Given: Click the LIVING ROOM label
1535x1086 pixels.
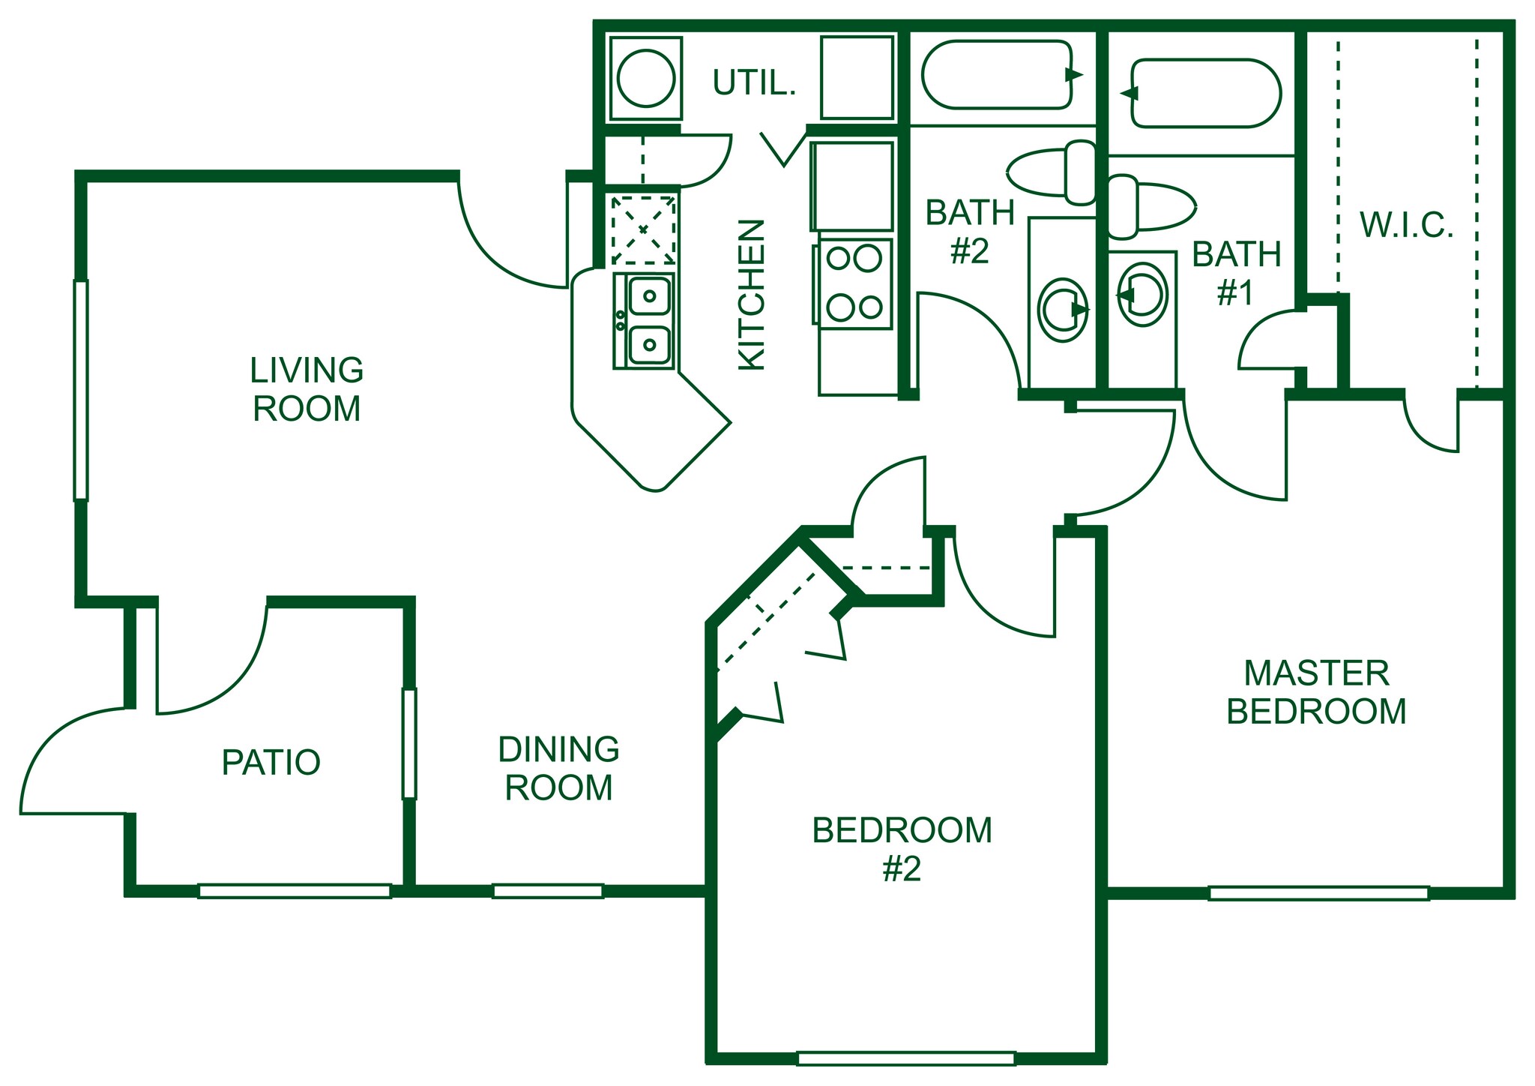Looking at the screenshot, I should click(x=307, y=389).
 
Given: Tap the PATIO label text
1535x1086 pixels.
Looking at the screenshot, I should click(x=271, y=762).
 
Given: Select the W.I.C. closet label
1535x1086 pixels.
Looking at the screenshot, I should click(x=1406, y=225).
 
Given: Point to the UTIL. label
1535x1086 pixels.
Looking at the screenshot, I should click(x=753, y=83).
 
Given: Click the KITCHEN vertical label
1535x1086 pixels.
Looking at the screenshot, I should click(x=752, y=295).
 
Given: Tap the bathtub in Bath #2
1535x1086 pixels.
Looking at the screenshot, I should click(x=997, y=74).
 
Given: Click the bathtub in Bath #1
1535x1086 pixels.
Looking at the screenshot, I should click(x=1205, y=93).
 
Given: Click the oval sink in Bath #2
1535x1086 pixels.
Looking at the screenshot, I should click(x=1063, y=310).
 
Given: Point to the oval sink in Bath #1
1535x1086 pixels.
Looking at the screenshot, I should click(x=1142, y=295).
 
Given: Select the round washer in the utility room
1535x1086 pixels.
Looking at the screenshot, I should click(x=645, y=78).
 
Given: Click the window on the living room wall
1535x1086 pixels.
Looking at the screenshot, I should click(x=81, y=390).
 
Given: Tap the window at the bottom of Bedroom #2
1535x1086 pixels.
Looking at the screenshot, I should click(x=905, y=1058).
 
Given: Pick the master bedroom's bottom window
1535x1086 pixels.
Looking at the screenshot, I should click(x=1318, y=893).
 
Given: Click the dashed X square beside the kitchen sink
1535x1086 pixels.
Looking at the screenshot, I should click(x=643, y=229).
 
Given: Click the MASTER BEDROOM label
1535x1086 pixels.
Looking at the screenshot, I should click(x=1316, y=692).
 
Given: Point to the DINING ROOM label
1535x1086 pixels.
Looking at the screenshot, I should click(x=558, y=769).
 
